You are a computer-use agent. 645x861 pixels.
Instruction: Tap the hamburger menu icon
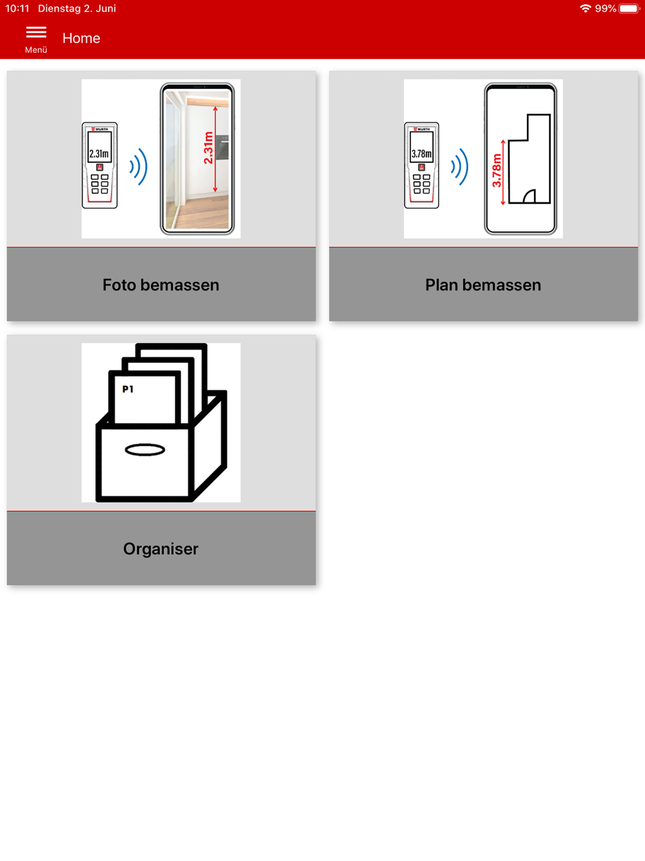pyautogui.click(x=36, y=32)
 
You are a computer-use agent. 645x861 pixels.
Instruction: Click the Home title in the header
pyautogui.click(x=81, y=38)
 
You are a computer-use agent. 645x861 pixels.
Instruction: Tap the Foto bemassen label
pyautogui.click(x=161, y=285)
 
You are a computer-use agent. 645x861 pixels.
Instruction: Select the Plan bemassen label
pyautogui.click(x=483, y=285)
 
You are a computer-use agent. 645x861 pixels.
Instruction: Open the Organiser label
pyautogui.click(x=161, y=549)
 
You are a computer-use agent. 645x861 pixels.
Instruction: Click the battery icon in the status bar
pyautogui.click(x=630, y=8)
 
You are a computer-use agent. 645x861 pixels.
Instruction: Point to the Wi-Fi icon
pyautogui.click(x=585, y=8)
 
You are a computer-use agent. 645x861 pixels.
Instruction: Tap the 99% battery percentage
pyautogui.click(x=606, y=8)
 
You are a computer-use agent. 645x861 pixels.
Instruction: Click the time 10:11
pyautogui.click(x=17, y=8)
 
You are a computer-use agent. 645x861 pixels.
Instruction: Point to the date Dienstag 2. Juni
pyautogui.click(x=77, y=8)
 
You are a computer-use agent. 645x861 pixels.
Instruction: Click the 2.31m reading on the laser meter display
pyautogui.click(x=99, y=154)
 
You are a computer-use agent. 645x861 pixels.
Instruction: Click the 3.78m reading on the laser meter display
pyautogui.click(x=421, y=154)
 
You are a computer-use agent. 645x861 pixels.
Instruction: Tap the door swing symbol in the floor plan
pyautogui.click(x=530, y=196)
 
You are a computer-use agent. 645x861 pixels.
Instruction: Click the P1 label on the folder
pyautogui.click(x=128, y=389)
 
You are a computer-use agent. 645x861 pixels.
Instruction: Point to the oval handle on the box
pyautogui.click(x=145, y=449)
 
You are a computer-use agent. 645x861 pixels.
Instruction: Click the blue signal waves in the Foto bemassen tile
pyautogui.click(x=139, y=167)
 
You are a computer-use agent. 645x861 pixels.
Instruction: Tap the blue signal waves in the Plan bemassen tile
pyautogui.click(x=460, y=167)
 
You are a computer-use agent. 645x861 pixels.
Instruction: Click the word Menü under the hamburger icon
pyautogui.click(x=36, y=50)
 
